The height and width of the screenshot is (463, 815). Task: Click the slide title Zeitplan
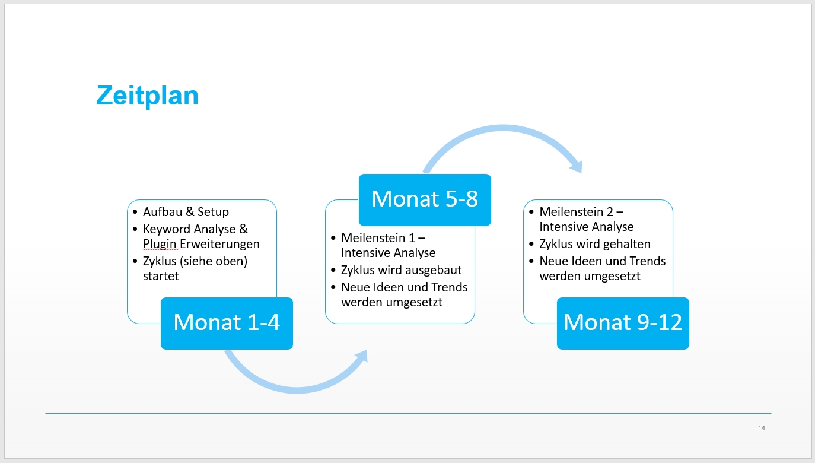pyautogui.click(x=147, y=95)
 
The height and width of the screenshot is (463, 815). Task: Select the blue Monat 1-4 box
pyautogui.click(x=227, y=323)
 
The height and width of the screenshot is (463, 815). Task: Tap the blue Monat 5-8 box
pyautogui.click(x=425, y=199)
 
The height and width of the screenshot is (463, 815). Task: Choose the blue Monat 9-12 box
pyautogui.click(x=623, y=323)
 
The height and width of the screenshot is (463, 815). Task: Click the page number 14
pyautogui.click(x=762, y=428)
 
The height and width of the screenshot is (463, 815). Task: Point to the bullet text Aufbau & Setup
pyautogui.click(x=186, y=212)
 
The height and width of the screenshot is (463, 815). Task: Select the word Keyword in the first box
pyautogui.click(x=167, y=229)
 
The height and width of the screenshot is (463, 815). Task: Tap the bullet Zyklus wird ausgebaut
pyautogui.click(x=401, y=270)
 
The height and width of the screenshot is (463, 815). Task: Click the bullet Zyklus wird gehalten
pyautogui.click(x=594, y=244)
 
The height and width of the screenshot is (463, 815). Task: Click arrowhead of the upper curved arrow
pyautogui.click(x=576, y=166)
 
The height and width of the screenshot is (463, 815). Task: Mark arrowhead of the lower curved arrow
pyautogui.click(x=361, y=356)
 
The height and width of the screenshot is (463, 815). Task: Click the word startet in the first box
pyautogui.click(x=161, y=276)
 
